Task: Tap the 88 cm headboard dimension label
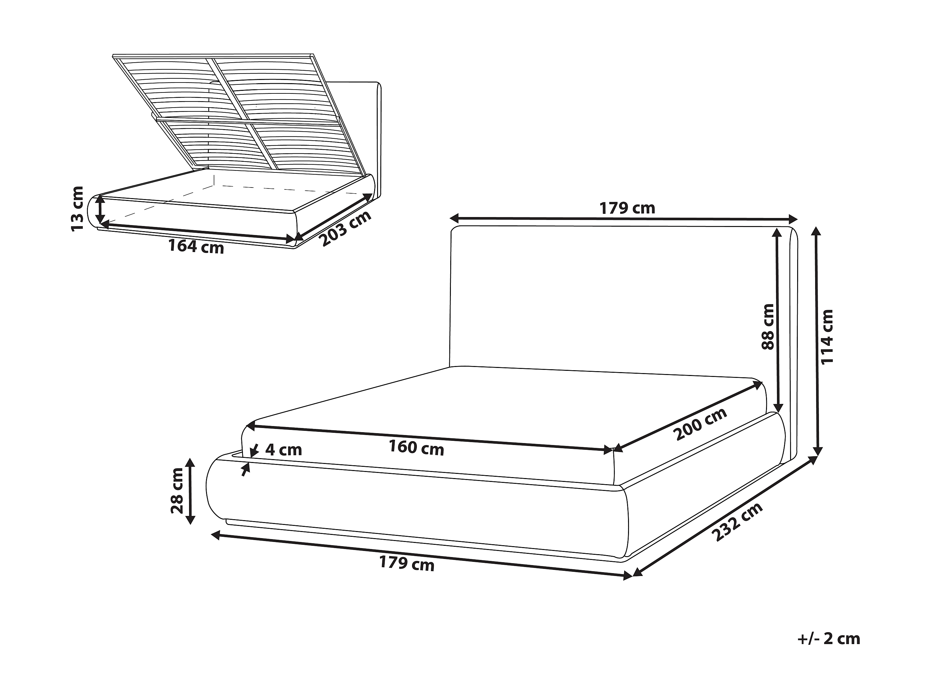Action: tap(767, 327)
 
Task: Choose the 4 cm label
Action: tap(284, 450)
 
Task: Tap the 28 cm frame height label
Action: tap(177, 491)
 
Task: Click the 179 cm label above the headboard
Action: tap(627, 208)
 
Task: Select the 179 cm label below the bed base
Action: tap(407, 563)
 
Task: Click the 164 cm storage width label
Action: tap(196, 246)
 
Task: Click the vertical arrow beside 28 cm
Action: tap(190, 491)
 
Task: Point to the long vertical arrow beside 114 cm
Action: tap(817, 341)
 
